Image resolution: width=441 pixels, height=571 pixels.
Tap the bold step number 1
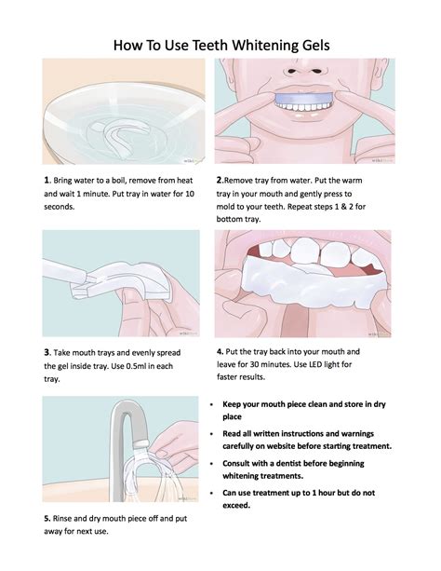click(x=46, y=178)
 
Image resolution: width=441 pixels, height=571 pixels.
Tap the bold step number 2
click(x=219, y=178)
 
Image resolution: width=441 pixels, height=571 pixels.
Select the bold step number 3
click(x=46, y=353)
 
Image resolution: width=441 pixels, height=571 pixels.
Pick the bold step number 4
click(x=219, y=353)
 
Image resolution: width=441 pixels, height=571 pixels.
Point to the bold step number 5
click(x=46, y=518)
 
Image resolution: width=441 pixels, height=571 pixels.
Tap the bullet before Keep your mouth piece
click(x=216, y=405)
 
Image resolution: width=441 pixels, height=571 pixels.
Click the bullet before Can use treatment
click(x=216, y=492)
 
